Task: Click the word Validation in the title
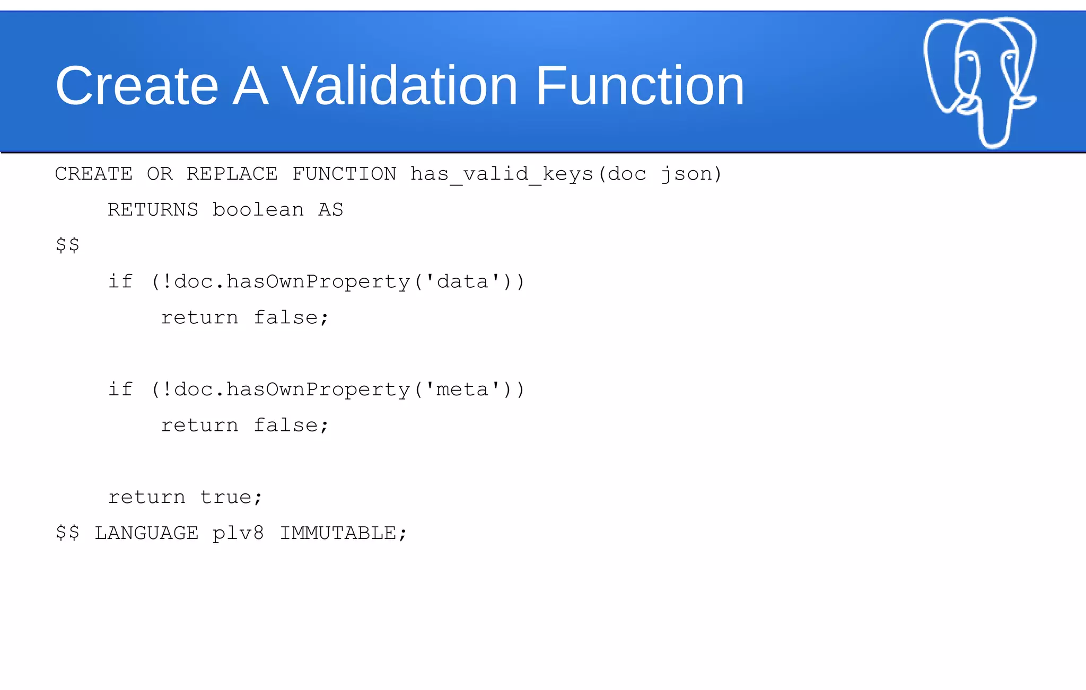(399, 86)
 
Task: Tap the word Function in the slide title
(640, 86)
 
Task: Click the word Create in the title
(137, 86)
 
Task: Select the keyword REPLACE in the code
(232, 174)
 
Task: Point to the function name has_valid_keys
(502, 174)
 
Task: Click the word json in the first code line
(686, 174)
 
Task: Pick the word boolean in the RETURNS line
(258, 210)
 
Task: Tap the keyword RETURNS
(153, 210)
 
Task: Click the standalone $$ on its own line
(67, 245)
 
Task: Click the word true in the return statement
(225, 497)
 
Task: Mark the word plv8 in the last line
(238, 533)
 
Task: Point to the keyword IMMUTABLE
(338, 533)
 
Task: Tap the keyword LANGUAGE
(146, 533)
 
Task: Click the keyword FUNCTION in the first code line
(344, 174)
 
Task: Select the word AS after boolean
(330, 210)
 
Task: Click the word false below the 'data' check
(285, 317)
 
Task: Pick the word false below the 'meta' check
(285, 426)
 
